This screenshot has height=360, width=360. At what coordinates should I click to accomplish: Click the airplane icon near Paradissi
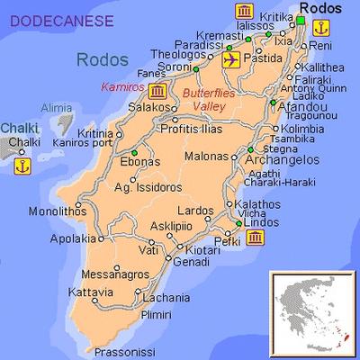pos(231,60)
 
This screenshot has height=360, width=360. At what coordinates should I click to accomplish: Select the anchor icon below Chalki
pos(23,165)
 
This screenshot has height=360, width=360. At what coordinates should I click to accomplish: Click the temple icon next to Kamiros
pos(158,92)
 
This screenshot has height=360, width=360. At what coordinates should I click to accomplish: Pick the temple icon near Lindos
pos(256,238)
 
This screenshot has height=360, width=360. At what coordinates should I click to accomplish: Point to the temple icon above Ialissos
pos(242,12)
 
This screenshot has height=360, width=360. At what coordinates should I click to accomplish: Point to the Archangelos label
pos(289,160)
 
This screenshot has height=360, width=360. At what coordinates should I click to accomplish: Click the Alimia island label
pos(56,108)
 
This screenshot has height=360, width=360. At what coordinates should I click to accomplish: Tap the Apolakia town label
pos(73,239)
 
